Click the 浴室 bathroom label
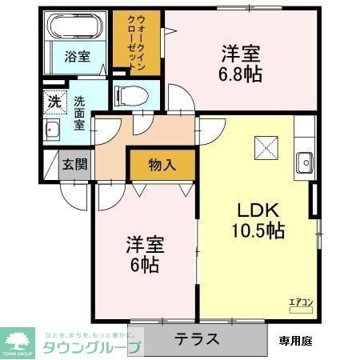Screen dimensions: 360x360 point(78,57)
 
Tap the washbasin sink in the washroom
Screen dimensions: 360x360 point(54,131)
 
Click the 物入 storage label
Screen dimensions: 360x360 point(162,166)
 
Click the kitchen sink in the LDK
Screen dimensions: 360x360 point(305,162)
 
